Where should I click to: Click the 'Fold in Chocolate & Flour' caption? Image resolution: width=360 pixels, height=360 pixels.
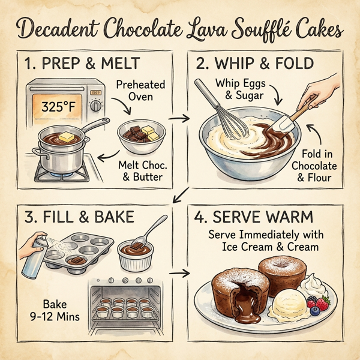click(x=316, y=166)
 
